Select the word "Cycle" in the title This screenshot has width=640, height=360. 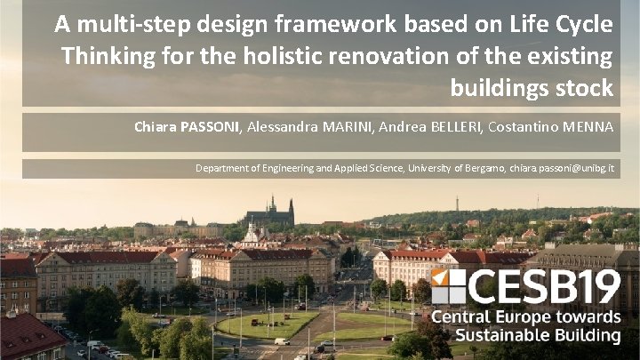[x=581, y=25]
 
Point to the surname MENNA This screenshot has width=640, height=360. [x=585, y=127]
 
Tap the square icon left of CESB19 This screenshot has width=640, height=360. [x=448, y=286]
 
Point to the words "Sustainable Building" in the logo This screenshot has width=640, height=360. [x=538, y=336]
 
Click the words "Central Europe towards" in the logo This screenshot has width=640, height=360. [x=526, y=317]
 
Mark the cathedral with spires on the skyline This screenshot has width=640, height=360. [x=270, y=212]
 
